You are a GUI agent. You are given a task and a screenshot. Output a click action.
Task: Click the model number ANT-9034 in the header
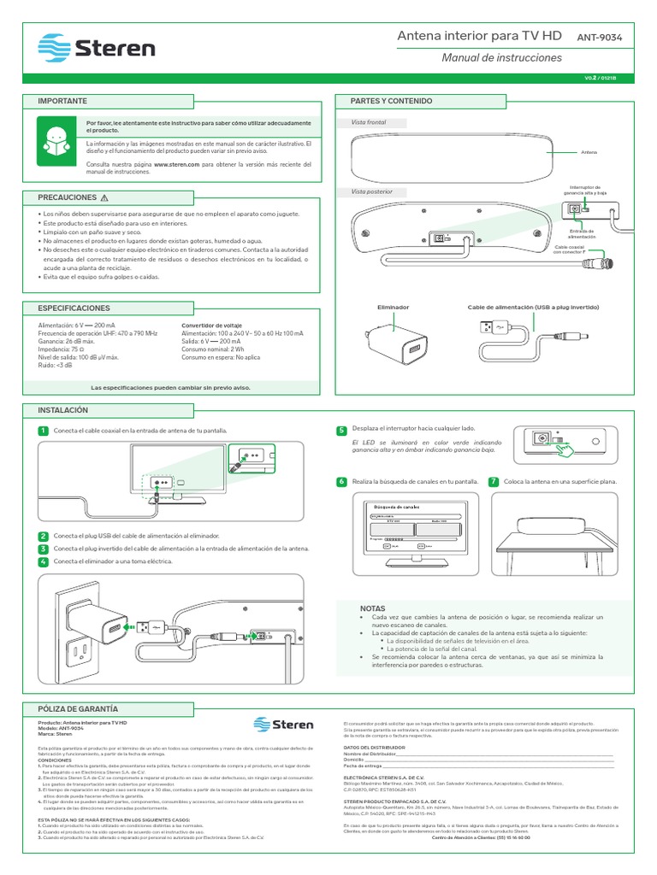(604, 37)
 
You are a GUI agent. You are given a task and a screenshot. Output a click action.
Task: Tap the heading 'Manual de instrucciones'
(501, 58)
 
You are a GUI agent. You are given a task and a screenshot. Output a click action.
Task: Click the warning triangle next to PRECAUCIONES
(104, 197)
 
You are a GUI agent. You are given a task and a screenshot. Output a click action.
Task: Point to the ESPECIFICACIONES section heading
(74, 307)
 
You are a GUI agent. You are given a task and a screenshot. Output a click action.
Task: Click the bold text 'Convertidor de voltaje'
(211, 326)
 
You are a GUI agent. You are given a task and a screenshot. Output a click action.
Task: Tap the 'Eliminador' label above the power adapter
(393, 307)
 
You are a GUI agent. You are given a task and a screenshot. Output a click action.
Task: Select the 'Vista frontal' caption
(370, 122)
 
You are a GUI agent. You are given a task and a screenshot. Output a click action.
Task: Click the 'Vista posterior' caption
(372, 191)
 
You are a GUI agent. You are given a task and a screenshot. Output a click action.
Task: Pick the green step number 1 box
(43, 431)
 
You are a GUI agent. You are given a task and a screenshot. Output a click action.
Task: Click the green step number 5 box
(340, 430)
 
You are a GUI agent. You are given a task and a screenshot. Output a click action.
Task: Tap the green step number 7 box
(493, 482)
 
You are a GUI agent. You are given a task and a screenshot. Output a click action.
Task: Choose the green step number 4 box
(43, 561)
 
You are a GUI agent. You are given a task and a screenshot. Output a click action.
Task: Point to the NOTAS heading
(373, 608)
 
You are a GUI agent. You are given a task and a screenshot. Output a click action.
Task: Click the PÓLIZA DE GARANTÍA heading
(79, 709)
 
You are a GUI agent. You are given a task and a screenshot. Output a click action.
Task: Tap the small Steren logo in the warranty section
(285, 725)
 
